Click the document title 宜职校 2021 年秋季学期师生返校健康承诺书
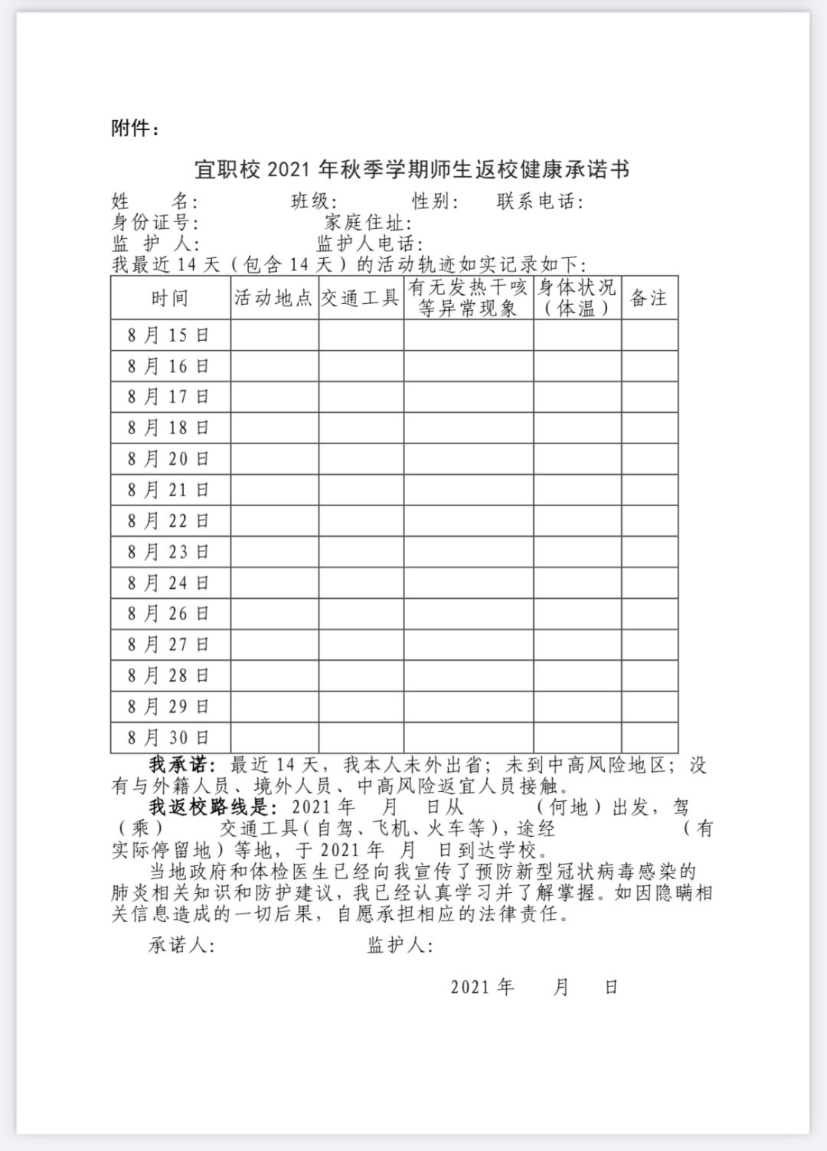coord(412,169)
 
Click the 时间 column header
coord(170,298)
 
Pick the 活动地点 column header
coord(274,298)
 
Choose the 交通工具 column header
coord(361,298)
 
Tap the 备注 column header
coord(649,298)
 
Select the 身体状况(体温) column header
coord(577,298)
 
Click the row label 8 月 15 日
coord(169,335)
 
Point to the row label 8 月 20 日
coord(169,459)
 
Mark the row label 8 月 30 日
coord(169,737)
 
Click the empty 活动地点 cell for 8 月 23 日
coord(274,552)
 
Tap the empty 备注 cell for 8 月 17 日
coord(649,397)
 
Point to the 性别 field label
coord(434,201)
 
